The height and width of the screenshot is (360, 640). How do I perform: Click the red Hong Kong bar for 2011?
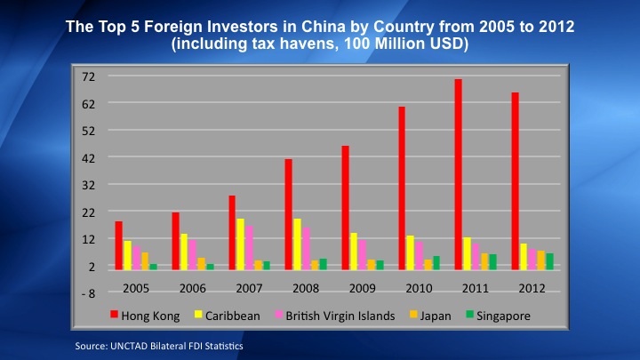click(x=458, y=174)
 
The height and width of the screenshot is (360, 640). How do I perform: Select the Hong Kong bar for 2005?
click(x=118, y=245)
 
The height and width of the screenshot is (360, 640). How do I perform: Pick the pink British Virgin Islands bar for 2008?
click(x=307, y=248)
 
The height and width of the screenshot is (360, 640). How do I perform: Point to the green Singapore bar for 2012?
click(x=550, y=261)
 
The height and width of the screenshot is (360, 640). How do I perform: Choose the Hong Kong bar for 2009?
click(x=345, y=207)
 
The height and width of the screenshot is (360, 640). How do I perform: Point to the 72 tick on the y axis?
click(x=89, y=76)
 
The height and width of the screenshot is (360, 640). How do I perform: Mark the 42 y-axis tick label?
click(x=89, y=157)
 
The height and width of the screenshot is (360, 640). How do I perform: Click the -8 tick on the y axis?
click(x=89, y=293)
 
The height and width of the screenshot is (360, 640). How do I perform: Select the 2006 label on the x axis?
click(x=192, y=288)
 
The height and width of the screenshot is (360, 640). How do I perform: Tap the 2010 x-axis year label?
click(x=418, y=288)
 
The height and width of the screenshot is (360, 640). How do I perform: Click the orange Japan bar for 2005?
click(x=145, y=260)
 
